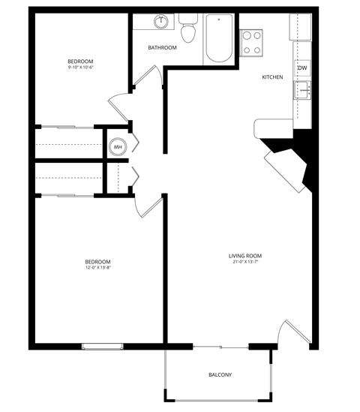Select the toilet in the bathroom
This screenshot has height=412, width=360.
tap(187, 30)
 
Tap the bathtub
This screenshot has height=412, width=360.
tap(219, 39)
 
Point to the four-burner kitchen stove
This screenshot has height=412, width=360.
tap(252, 41)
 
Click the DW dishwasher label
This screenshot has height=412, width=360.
tap(302, 69)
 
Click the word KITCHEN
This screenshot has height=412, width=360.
tap(272, 77)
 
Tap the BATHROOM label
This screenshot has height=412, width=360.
tap(162, 48)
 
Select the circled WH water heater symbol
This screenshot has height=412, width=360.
tap(118, 147)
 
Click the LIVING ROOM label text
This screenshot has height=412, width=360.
tap(245, 256)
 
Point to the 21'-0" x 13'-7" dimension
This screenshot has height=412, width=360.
tap(245, 262)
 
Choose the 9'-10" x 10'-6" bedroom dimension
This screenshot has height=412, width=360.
tap(80, 68)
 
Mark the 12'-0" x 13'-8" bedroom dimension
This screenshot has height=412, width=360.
tap(98, 268)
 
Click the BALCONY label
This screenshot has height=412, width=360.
tap(220, 374)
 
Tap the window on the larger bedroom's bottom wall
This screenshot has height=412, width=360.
tap(103, 346)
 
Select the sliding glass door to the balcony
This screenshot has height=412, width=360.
tap(220, 347)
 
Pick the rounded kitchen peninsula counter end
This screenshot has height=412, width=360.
tap(262, 128)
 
